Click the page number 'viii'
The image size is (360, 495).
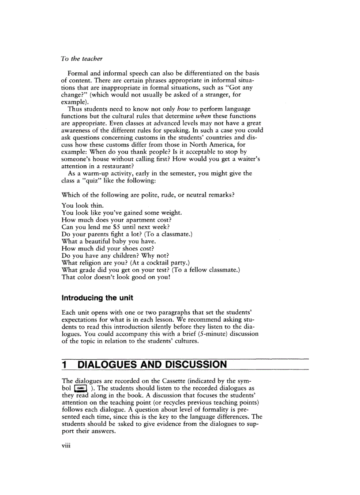pyautogui.click(x=67, y=445)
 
